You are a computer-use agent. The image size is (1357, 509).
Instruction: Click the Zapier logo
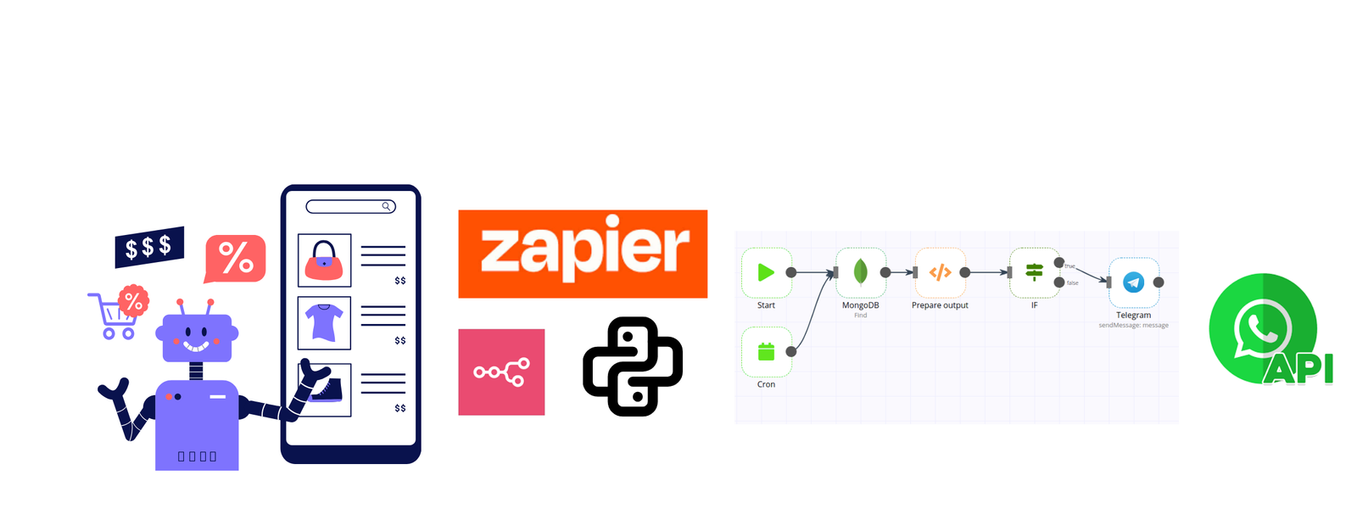583,254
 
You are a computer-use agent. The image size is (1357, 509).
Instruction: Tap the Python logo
633,366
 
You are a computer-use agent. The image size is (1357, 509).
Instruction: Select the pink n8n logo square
501,372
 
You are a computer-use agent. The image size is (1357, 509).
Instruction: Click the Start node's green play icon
766,272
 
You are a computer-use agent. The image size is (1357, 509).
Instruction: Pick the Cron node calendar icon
766,351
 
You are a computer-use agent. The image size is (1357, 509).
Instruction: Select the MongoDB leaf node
860,272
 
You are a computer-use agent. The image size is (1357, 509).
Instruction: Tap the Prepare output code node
940,272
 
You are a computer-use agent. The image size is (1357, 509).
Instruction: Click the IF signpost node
1034,272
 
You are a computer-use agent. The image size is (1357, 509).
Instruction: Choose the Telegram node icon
1133,282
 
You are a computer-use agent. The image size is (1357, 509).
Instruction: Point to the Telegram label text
1133,315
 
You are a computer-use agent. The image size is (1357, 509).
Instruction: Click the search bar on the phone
349,206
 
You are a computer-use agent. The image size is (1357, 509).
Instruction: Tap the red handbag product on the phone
324,260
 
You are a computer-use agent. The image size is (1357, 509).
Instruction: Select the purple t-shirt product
324,322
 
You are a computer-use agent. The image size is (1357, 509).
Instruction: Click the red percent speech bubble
236,257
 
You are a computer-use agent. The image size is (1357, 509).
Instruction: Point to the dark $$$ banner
149,247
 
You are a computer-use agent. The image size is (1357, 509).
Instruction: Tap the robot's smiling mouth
196,345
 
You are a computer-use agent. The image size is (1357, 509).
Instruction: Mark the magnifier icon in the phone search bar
386,206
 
